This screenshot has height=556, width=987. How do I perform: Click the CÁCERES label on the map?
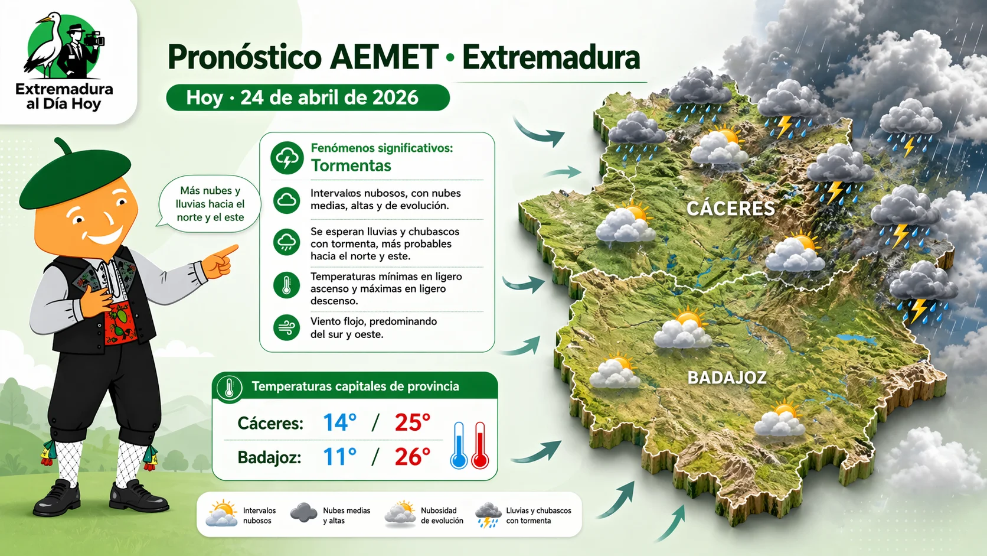[730, 209]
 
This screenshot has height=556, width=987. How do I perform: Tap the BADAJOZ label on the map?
[727, 378]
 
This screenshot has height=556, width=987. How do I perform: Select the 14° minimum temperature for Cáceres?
[339, 422]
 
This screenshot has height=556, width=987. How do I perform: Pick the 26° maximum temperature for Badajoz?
[412, 457]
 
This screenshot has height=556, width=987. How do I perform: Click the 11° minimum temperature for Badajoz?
[339, 457]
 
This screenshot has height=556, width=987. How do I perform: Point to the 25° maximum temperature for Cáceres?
[412, 422]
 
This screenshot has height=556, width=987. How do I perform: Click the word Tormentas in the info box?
[351, 165]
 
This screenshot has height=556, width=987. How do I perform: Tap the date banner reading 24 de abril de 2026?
[308, 97]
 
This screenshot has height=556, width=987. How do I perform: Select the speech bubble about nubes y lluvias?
[210, 204]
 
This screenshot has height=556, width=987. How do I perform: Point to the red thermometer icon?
[480, 446]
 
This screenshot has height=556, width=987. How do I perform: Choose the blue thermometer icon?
[459, 446]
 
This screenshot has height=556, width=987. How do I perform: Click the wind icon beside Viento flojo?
[287, 327]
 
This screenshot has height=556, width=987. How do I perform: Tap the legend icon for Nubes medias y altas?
[304, 513]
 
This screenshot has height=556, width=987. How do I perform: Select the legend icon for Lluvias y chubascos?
[488, 515]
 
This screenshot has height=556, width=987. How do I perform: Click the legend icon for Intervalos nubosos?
[222, 513]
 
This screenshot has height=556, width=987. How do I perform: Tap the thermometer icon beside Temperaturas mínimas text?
[287, 285]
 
